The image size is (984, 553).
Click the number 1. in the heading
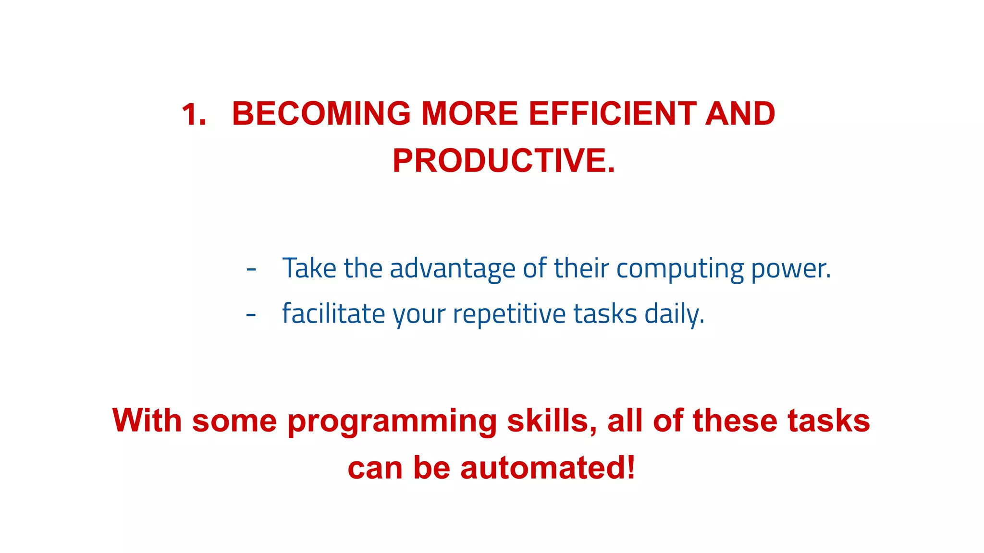pos(194,114)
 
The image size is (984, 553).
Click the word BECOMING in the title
pos(321,114)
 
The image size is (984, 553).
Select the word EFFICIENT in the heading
pos(612,114)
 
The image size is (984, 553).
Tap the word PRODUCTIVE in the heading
pos(500,161)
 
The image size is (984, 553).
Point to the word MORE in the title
pos(469,114)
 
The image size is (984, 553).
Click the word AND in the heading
pos(740,114)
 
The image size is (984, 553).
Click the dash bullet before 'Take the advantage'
pos(251,270)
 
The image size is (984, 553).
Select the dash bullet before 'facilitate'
pos(251,315)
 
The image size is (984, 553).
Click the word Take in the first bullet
pos(309,268)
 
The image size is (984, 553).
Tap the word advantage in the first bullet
pos(452,269)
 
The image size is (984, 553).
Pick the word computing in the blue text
pos(680,269)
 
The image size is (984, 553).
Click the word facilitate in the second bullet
pos(333,314)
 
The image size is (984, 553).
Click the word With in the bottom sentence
pos(147,421)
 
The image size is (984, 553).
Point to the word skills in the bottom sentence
pos(552,421)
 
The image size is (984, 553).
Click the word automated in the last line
pos(547,468)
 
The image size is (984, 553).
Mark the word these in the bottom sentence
pos(734,421)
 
